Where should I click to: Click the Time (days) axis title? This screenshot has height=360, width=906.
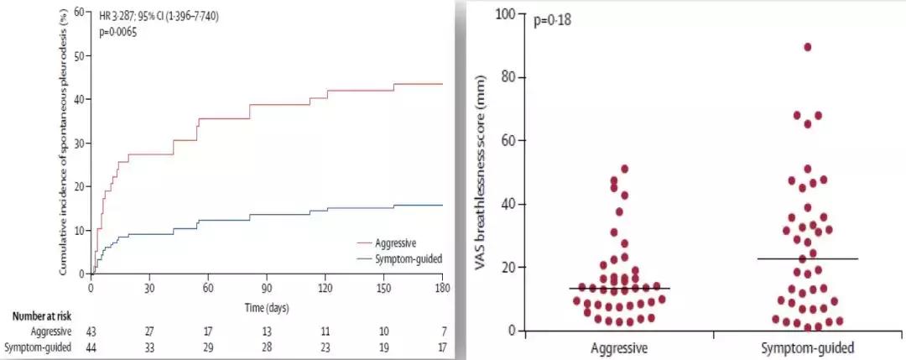click(267, 308)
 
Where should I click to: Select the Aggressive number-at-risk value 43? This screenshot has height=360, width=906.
click(91, 332)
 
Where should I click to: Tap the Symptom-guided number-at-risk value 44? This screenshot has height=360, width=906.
click(91, 347)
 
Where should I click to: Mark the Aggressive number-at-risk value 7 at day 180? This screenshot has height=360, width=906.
click(442, 332)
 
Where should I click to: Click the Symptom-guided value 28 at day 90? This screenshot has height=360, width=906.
click(267, 347)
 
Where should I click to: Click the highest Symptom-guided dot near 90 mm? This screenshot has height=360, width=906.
click(808, 47)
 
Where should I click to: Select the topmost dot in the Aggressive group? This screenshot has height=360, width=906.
click(624, 169)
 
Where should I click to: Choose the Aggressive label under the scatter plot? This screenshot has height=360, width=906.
click(619, 347)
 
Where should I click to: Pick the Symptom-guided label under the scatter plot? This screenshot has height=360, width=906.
click(807, 347)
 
